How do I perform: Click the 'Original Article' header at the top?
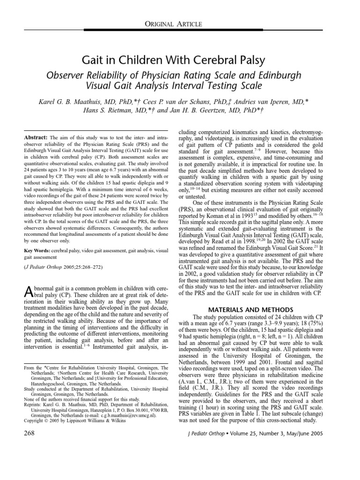(180, 24)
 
